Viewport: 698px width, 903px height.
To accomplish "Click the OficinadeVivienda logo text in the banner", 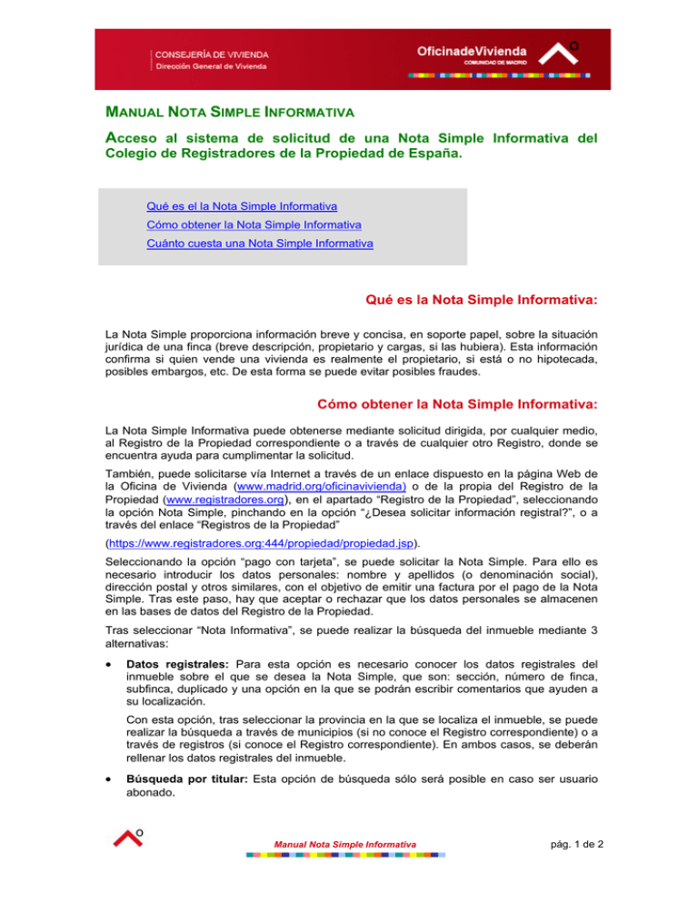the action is coord(482,52).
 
